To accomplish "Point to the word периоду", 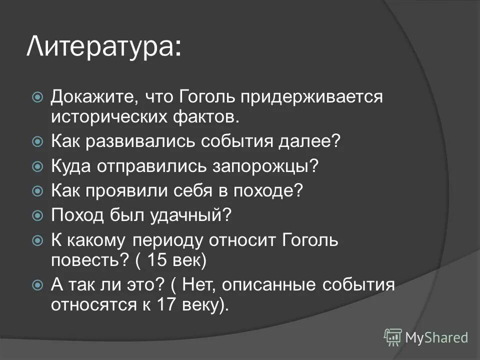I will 167,240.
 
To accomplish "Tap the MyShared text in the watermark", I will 436,337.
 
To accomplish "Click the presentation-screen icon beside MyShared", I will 393,337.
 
